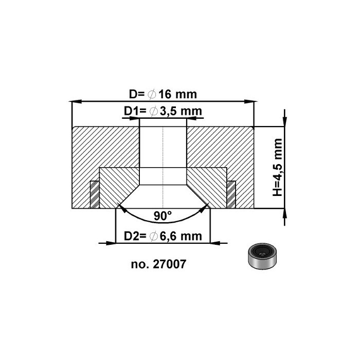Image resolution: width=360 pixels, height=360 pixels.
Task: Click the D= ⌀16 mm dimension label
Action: [x=163, y=95]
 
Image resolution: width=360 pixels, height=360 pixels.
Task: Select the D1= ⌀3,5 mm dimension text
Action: [x=163, y=112]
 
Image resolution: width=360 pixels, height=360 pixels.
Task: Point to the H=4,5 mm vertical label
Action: [x=278, y=167]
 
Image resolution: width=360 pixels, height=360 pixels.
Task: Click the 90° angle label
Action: [x=163, y=216]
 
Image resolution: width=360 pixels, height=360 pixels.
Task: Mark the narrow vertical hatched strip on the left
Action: [x=94, y=194]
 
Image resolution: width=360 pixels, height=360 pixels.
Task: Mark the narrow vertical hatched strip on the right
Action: [x=231, y=194]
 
